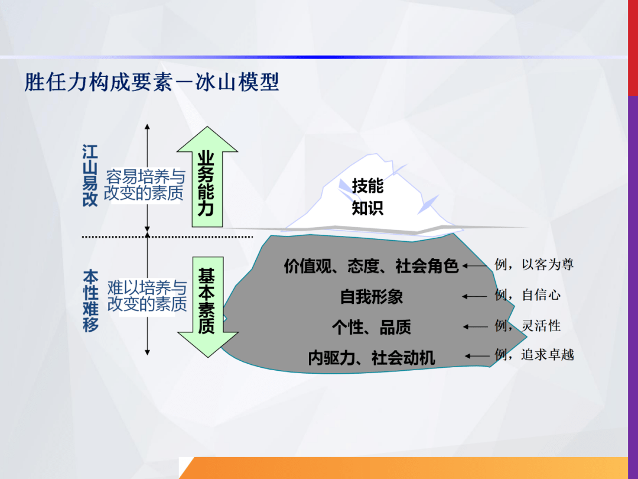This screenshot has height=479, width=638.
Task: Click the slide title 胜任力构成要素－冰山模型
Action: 152,82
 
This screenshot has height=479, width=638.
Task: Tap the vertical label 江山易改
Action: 90,176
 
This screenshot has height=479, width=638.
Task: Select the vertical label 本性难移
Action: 90,301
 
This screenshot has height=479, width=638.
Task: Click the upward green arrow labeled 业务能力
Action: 207,180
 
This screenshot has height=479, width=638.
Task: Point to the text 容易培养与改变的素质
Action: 145,185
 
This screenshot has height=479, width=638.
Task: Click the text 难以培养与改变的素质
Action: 147,296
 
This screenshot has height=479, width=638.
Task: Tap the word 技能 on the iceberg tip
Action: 367,186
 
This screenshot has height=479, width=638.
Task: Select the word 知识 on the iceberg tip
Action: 367,208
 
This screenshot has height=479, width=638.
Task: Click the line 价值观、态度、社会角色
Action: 371,266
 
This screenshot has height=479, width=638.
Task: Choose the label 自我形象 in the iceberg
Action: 371,296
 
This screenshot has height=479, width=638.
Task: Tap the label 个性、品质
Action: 371,326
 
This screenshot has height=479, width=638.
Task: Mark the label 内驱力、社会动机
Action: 371,357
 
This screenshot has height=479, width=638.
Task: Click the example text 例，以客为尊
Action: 534,264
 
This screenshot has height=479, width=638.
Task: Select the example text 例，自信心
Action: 528,294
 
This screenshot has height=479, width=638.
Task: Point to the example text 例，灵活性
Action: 528,325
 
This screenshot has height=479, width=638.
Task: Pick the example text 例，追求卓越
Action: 534,355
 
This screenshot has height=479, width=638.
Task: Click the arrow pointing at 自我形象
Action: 476,296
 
